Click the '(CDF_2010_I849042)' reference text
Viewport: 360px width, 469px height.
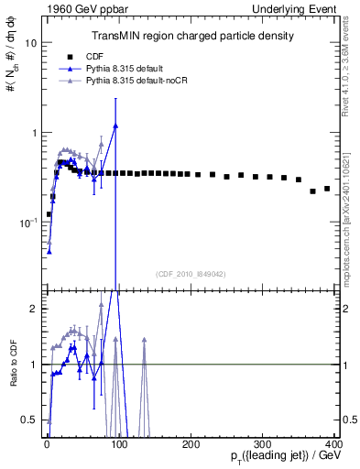(x=191, y=273)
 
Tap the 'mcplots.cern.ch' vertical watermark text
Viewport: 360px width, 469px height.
(x=347, y=234)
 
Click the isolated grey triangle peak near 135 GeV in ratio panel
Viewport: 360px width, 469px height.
(x=144, y=340)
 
